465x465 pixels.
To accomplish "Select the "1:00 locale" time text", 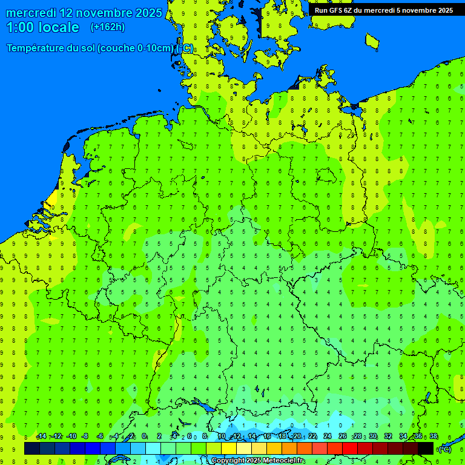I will pyautogui.click(x=42, y=27).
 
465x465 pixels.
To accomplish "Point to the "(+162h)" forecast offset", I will pyautogui.click(x=107, y=27).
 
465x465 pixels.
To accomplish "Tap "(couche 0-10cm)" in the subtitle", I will pyautogui.click(x=136, y=48).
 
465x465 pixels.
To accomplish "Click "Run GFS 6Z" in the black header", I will pyautogui.click(x=333, y=10).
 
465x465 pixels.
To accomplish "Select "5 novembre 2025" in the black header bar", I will pyautogui.click(x=424, y=10).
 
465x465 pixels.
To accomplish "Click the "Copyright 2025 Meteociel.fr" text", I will pyautogui.click(x=258, y=461).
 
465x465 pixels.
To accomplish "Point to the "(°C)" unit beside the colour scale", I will pyautogui.click(x=444, y=449).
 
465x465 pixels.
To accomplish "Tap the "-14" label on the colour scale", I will pyautogui.click(x=41, y=437).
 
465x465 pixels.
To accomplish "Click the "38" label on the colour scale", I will pyautogui.click(x=433, y=437).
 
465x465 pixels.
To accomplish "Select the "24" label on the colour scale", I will pyautogui.click(x=327, y=437).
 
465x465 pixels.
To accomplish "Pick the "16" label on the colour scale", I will pyautogui.click(x=266, y=437).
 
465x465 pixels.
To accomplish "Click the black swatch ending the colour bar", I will pyautogui.click(x=426, y=449).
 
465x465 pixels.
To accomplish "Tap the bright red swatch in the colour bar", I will pyautogui.click(x=350, y=449).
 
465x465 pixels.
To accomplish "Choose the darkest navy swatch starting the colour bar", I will pyautogui.click(x=31, y=449).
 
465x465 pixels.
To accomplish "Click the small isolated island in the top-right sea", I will pyautogui.click(x=372, y=41).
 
